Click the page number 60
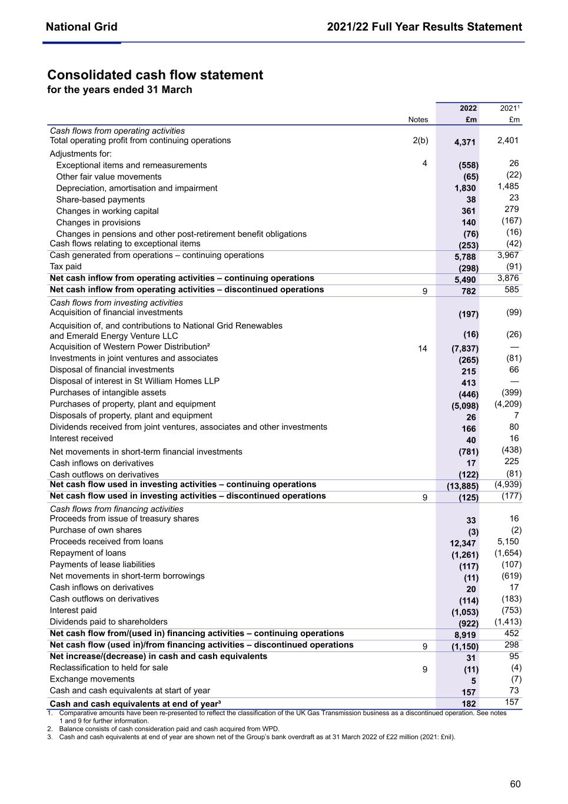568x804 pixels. click(x=515, y=784)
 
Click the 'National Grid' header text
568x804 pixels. click(x=81, y=27)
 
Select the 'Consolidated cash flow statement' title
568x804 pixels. click(x=155, y=75)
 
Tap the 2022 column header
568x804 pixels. click(x=468, y=108)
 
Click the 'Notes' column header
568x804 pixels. click(x=418, y=120)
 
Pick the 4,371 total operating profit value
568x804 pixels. click(x=464, y=143)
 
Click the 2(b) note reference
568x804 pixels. click(x=420, y=141)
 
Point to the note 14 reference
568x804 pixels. click(x=422, y=349)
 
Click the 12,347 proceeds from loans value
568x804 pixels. click(x=463, y=543)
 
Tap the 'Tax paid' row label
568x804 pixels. click(x=65, y=267)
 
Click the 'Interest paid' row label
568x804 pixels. click(x=73, y=610)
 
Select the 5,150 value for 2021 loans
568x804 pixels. click(x=508, y=541)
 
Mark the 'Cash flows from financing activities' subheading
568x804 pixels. click(x=116, y=509)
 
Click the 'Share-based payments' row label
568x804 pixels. click(x=100, y=200)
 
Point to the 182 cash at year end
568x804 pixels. click(x=469, y=704)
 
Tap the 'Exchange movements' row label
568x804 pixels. click(x=92, y=679)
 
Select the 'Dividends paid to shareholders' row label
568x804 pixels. click(x=108, y=622)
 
